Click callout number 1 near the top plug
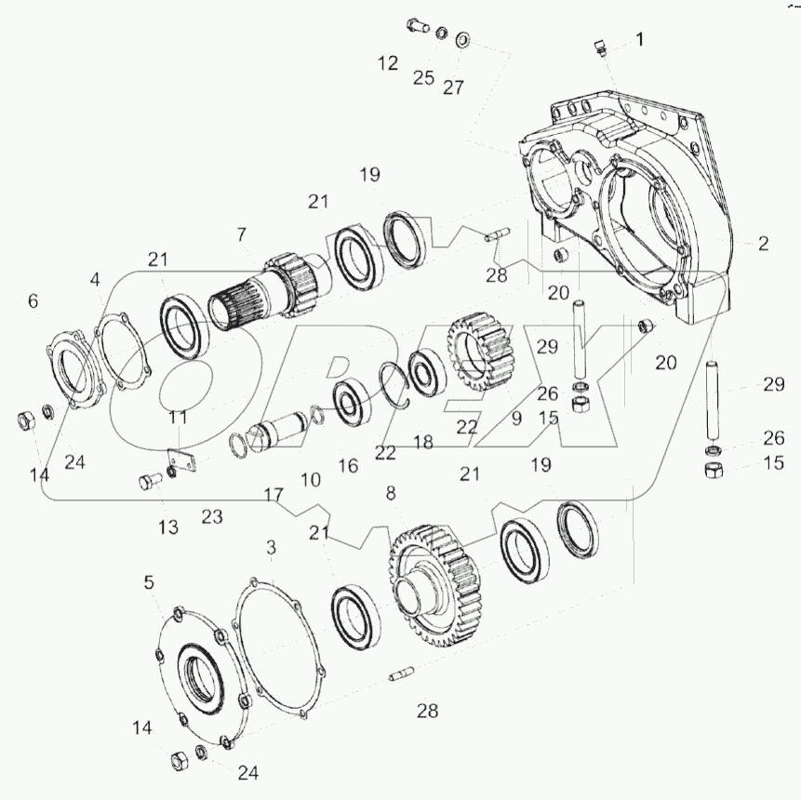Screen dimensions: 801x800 pos(640,39)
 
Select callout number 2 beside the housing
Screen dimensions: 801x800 pos(763,243)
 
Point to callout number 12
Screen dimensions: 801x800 pos(388,63)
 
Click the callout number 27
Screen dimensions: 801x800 pos(453,87)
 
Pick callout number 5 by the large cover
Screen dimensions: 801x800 pos(149,582)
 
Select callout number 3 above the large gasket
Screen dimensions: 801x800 pos(272,548)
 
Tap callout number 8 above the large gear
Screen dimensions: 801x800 pos(391,493)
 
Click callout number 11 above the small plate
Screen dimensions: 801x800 pos(179,418)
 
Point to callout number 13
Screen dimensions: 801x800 pos(168,527)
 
